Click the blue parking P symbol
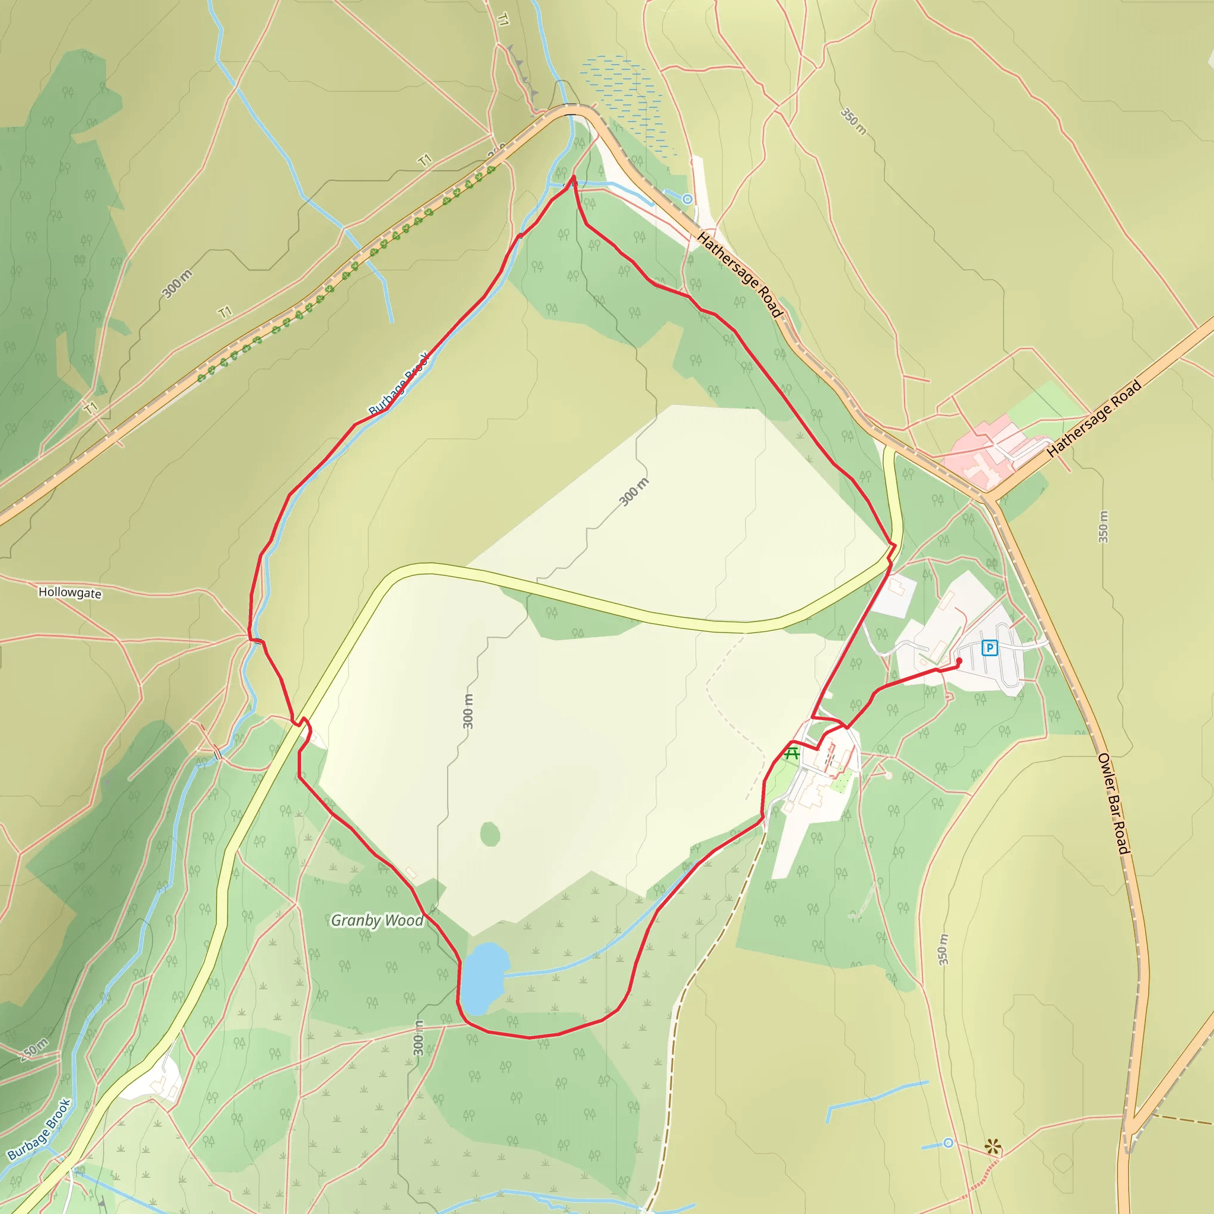(990, 647)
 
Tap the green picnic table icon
(792, 753)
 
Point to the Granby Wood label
(377, 921)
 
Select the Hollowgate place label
(70, 593)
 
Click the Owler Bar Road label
(1113, 803)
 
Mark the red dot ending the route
(959, 661)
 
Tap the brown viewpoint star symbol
(993, 1147)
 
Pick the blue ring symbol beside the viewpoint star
(948, 1143)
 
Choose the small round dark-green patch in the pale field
(490, 835)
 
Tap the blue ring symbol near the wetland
(688, 199)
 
